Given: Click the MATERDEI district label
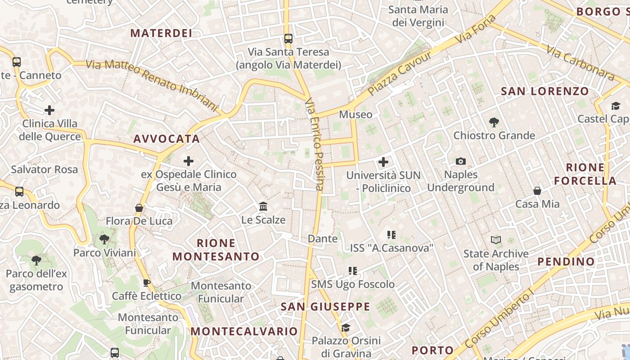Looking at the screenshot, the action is (x=161, y=33).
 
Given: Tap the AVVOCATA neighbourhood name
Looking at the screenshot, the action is (x=166, y=139).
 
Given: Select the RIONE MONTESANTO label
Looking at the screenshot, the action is (x=216, y=250).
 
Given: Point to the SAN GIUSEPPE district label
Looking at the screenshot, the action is (x=325, y=307).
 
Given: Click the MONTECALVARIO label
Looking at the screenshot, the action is (x=244, y=332).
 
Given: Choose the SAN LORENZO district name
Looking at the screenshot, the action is (x=545, y=91).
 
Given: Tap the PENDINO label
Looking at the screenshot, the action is (x=566, y=261).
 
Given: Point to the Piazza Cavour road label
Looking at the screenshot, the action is (x=400, y=73).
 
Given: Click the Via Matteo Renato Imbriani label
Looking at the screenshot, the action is (x=152, y=84).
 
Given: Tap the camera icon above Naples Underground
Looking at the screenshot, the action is (x=461, y=161).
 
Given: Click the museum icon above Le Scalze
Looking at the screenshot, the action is (x=263, y=207).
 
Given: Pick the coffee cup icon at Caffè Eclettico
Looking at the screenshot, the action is (x=147, y=283).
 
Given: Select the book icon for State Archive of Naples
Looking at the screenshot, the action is (x=496, y=240).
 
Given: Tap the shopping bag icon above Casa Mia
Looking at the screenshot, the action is (x=537, y=191).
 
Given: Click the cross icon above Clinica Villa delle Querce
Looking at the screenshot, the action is (x=49, y=110).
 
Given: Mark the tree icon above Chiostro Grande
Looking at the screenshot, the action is (x=494, y=122).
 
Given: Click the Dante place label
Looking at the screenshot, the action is (x=323, y=238).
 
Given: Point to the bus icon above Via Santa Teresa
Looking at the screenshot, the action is (x=288, y=39).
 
